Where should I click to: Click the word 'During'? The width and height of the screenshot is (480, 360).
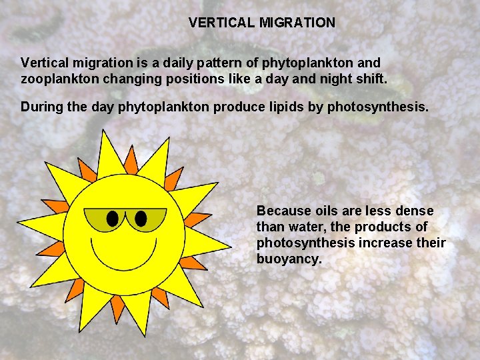pyautogui.click(x=42, y=106)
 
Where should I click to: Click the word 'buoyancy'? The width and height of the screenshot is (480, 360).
pyautogui.click(x=289, y=259)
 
